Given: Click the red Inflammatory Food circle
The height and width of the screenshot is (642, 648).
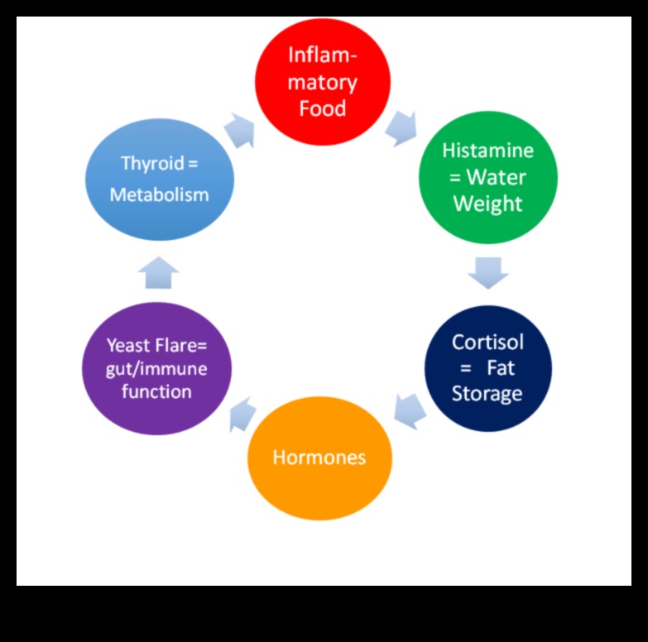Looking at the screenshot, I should point(322,81).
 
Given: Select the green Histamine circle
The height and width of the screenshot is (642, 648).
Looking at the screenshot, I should point(487,177).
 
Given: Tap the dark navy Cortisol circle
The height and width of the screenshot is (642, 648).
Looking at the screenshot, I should point(487,368).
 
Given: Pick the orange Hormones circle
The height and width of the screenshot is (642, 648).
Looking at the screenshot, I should point(319,458).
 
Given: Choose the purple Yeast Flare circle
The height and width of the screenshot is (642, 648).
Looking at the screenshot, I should point(156,368).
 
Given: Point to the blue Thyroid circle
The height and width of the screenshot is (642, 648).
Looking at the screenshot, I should point(160,178).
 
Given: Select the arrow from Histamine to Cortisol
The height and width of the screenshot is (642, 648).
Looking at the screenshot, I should point(487,272).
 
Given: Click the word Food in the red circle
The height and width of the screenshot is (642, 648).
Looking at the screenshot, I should point(322,108).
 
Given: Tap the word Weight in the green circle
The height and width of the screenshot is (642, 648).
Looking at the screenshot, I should point(487,204).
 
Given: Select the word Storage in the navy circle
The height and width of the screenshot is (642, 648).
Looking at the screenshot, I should point(487,393).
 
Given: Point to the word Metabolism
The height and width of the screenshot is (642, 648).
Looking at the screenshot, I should point(159,195).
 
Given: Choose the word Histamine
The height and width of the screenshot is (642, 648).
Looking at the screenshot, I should point(487,151).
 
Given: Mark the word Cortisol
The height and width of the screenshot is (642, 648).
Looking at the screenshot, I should point(487,342).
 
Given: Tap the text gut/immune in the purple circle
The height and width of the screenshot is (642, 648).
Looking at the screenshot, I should point(156,368).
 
